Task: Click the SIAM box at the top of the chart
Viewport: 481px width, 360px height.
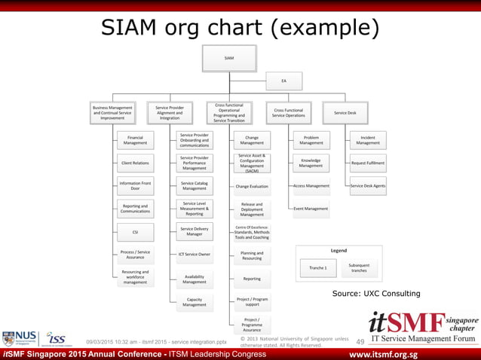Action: [229, 58]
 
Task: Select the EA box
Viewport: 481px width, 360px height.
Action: [283, 81]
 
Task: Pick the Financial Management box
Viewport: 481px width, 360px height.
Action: [135, 139]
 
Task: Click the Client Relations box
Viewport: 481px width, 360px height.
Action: [135, 163]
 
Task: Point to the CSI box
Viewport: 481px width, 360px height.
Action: [135, 231]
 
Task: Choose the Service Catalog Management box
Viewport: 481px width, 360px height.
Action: [194, 185]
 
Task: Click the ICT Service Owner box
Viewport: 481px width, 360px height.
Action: [194, 254]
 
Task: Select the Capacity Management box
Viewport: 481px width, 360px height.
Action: [194, 302]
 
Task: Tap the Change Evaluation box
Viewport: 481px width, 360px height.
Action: [252, 185]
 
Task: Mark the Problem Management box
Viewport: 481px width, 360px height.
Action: [311, 139]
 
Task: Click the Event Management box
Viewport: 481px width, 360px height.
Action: [311, 208]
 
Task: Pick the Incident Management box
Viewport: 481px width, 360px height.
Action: [368, 139]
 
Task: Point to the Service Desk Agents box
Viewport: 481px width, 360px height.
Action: [368, 185]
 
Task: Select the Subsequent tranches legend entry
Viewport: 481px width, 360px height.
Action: [359, 267]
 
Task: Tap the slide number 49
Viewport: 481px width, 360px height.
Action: [360, 342]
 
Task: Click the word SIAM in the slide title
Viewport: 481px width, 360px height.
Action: [130, 28]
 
